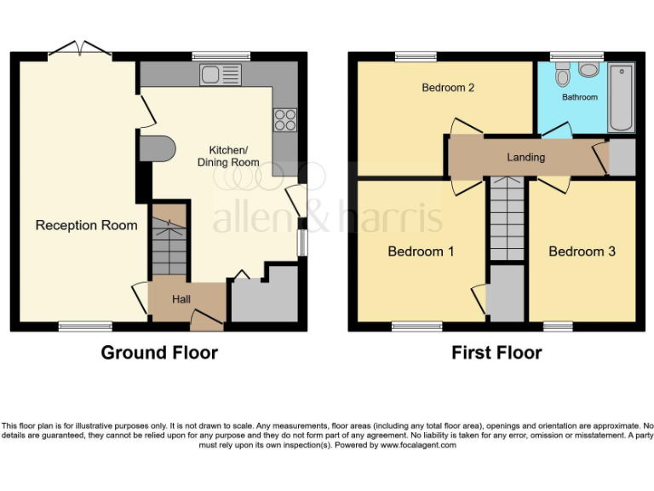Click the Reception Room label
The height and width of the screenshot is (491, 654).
(x=86, y=226)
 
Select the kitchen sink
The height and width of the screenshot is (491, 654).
(x=221, y=75)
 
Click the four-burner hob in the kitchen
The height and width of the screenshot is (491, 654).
(x=284, y=120)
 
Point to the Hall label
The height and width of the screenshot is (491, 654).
(x=181, y=299)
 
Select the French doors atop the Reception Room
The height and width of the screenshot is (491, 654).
(x=80, y=49)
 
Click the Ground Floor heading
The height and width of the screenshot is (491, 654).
(x=159, y=352)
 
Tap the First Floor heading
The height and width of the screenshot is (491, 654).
(x=496, y=352)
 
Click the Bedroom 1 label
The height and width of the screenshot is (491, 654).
(x=421, y=251)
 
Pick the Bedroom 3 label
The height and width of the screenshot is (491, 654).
(x=582, y=251)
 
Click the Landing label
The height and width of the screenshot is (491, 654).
(x=525, y=158)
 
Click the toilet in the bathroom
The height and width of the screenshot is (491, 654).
(x=562, y=78)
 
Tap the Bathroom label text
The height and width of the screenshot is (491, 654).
(x=579, y=97)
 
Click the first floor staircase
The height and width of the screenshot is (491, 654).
(x=506, y=219)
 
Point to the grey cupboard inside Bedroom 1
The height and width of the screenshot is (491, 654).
(x=506, y=293)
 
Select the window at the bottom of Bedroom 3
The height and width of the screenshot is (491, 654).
(x=558, y=326)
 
